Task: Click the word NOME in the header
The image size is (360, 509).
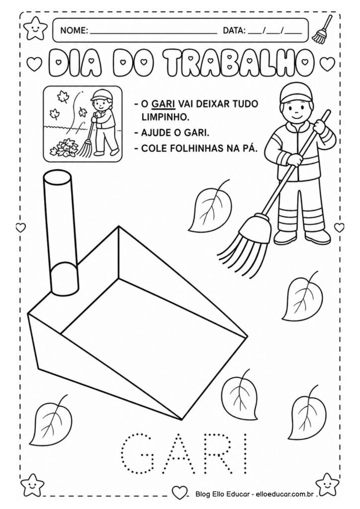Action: point(74,31)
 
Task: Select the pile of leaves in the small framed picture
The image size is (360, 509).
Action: point(64,147)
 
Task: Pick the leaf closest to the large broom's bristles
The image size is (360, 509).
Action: point(208,206)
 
